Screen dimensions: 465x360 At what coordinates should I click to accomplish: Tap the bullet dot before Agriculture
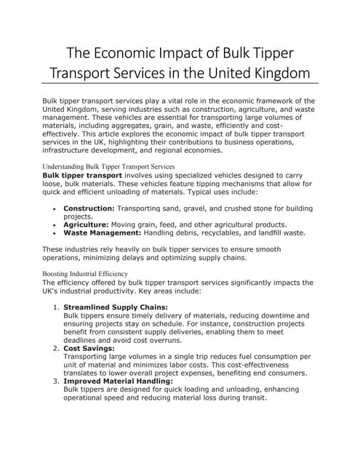[x=56, y=225]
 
